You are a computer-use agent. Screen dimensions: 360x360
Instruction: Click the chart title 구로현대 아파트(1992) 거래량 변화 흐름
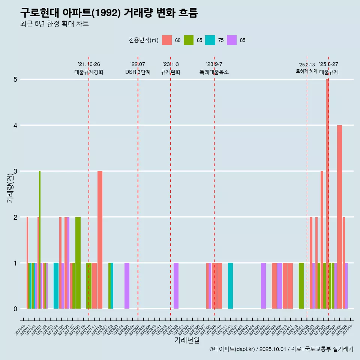coord(109,13)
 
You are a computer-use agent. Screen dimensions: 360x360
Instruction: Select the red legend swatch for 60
coord(167,40)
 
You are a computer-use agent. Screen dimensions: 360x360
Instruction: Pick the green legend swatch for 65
coord(189,40)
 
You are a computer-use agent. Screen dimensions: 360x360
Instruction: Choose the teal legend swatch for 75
coord(210,40)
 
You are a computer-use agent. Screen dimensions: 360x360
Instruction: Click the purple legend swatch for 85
coord(232,40)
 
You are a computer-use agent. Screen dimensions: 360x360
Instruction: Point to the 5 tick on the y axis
coord(16,79)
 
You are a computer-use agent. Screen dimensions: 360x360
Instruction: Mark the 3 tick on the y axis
coord(16,171)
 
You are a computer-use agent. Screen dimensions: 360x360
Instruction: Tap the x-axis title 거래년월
coord(187,340)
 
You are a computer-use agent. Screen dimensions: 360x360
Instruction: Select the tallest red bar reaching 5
coord(327,194)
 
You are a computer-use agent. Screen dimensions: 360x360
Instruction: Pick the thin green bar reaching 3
coord(40,240)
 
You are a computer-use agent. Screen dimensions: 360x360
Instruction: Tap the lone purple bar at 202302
coord(176,286)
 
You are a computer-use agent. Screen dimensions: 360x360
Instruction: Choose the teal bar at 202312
coord(230,286)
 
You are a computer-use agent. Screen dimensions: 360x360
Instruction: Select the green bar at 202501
coord(301,286)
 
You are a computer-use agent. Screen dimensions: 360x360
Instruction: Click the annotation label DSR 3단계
coord(138,72)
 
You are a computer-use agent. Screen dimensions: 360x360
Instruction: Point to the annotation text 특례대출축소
coord(214,72)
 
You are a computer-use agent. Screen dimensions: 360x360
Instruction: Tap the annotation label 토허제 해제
coord(306,71)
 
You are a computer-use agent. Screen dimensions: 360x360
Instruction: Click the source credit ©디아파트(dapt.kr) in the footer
coord(232,349)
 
